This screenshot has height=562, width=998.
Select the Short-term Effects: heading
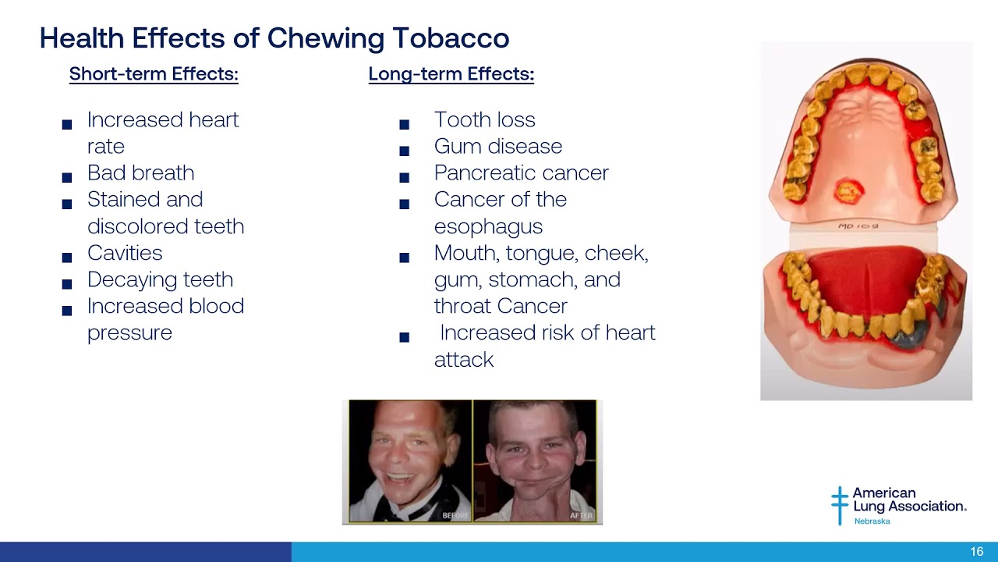point(154,74)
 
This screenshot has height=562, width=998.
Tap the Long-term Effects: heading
point(451,74)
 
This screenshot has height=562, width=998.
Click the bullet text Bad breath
point(140,173)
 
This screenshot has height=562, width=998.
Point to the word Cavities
point(125,253)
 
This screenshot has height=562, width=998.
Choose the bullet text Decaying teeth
point(160,279)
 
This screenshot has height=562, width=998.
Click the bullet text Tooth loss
point(484,119)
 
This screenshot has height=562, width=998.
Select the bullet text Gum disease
point(497,146)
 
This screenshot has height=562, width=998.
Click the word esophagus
point(488,226)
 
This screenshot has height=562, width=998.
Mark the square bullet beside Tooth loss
point(404,124)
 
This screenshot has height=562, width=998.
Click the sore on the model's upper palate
point(846,190)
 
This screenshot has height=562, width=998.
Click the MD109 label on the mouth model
point(858,226)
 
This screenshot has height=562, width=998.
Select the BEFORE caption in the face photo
point(455,515)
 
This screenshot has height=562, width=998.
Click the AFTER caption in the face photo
point(581,515)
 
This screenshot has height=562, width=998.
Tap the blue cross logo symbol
point(839,504)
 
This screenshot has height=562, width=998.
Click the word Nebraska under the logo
point(872,521)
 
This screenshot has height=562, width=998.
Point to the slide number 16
point(976,552)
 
